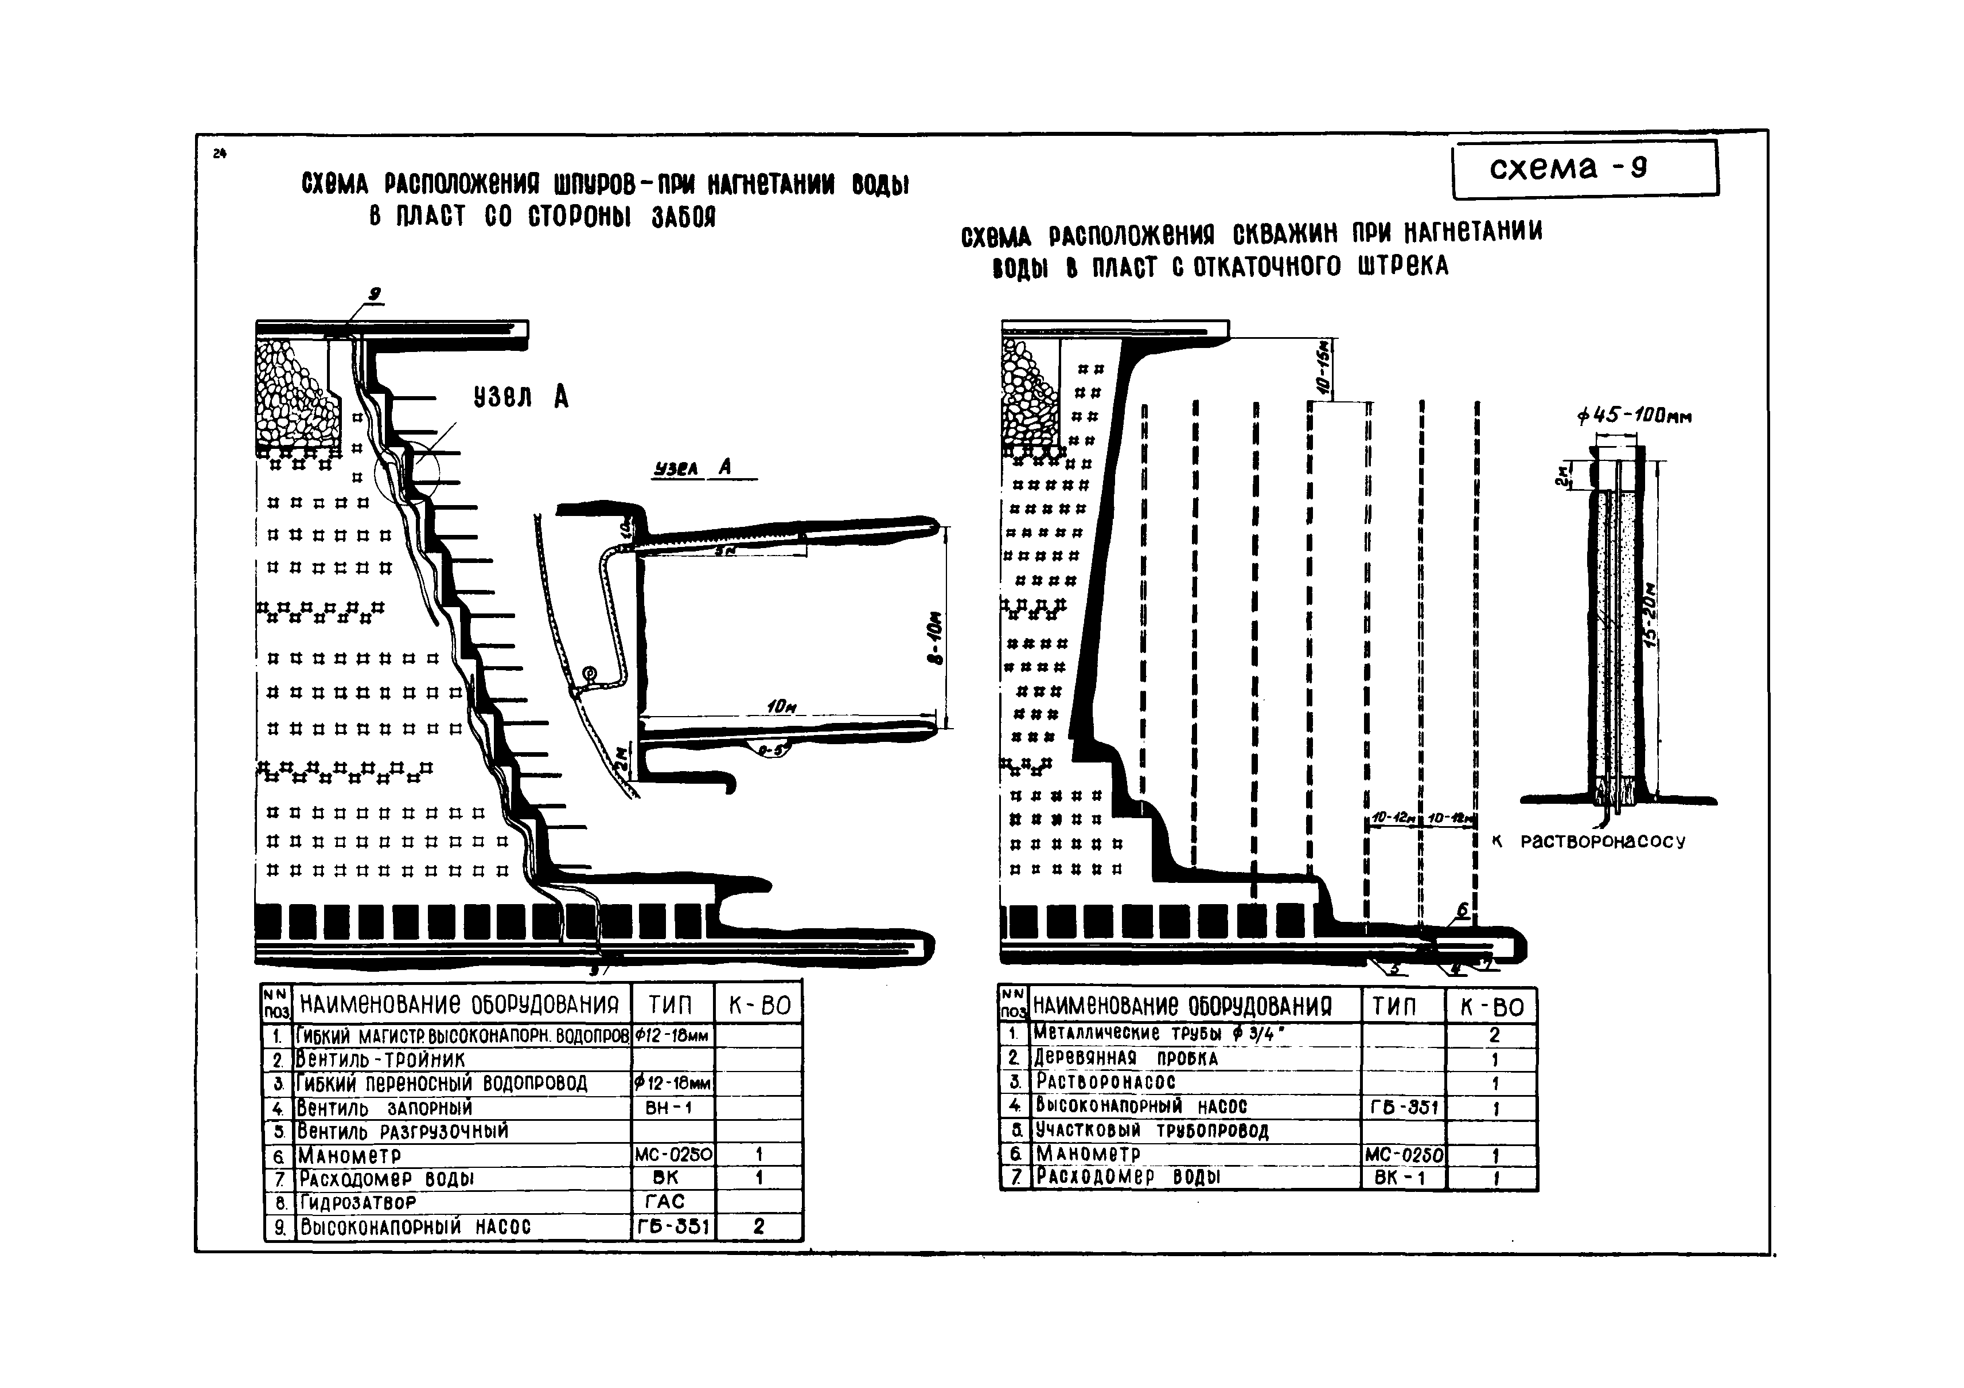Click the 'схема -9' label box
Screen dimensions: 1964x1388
[1584, 169]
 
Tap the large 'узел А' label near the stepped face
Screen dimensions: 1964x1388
[521, 396]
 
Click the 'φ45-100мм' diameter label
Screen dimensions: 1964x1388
[1634, 416]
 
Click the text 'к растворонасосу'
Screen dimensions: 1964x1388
[1588, 842]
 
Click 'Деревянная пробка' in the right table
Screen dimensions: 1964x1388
[1126, 1059]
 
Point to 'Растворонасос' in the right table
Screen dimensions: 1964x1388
[1105, 1082]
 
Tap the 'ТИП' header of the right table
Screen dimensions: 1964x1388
[1400, 1007]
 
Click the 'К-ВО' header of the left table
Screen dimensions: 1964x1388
[759, 1005]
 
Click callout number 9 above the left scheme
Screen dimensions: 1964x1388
[374, 295]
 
